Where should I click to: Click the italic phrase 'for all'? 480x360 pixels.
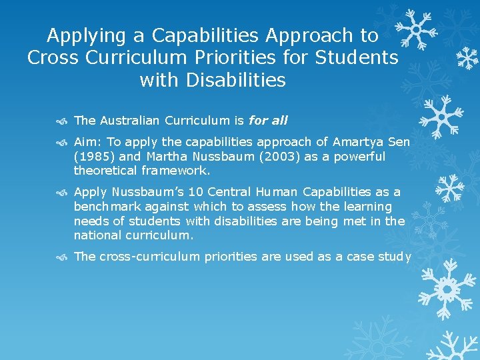[268, 121]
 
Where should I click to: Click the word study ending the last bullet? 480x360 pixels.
[395, 257]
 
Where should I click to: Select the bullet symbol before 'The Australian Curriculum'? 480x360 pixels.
[62, 121]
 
